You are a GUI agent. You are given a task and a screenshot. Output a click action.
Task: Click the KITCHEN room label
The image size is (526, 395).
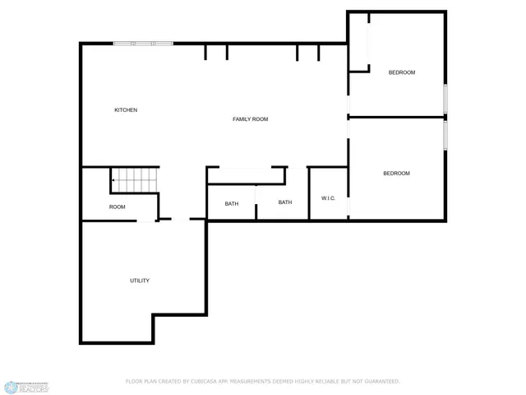click(126, 110)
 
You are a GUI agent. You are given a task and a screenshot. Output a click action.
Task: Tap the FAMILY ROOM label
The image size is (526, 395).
click(251, 119)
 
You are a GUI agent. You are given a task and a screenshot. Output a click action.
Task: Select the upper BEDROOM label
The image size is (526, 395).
click(402, 72)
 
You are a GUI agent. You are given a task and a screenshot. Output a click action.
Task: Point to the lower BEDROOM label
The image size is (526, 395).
click(396, 173)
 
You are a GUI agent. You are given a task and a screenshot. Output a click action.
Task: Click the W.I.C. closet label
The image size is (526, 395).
click(327, 198)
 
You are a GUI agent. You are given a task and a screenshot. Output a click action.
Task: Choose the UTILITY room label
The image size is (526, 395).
click(140, 281)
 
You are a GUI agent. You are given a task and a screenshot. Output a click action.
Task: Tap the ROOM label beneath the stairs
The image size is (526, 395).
click(118, 207)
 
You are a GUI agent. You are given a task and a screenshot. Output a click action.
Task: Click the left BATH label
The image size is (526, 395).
click(232, 203)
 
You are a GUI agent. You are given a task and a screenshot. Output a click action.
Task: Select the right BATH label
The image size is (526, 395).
click(285, 202)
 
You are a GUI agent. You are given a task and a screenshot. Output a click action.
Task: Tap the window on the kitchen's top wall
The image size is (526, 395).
click(143, 43)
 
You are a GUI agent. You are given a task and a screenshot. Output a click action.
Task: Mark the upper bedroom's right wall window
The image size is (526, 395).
click(445, 97)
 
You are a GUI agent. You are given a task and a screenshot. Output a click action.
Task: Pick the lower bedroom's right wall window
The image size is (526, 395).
click(445, 137)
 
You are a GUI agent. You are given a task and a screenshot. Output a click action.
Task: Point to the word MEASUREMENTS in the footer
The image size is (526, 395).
click(249, 382)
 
